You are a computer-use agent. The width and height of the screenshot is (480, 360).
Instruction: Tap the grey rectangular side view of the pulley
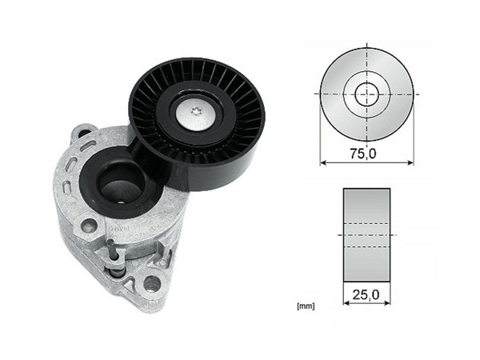pyautogui.click(x=368, y=235)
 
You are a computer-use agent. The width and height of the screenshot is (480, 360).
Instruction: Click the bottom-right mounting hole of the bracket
pyautogui.click(x=150, y=282)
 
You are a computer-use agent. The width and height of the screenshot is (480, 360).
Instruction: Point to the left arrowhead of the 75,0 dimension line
pyautogui.click(x=324, y=162)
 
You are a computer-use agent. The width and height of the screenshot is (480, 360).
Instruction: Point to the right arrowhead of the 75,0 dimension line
pyautogui.click(x=411, y=162)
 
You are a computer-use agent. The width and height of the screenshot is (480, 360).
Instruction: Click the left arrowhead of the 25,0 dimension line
pyautogui.click(x=346, y=304)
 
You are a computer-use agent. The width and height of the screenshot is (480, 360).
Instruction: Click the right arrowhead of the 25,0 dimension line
pyautogui.click(x=390, y=304)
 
